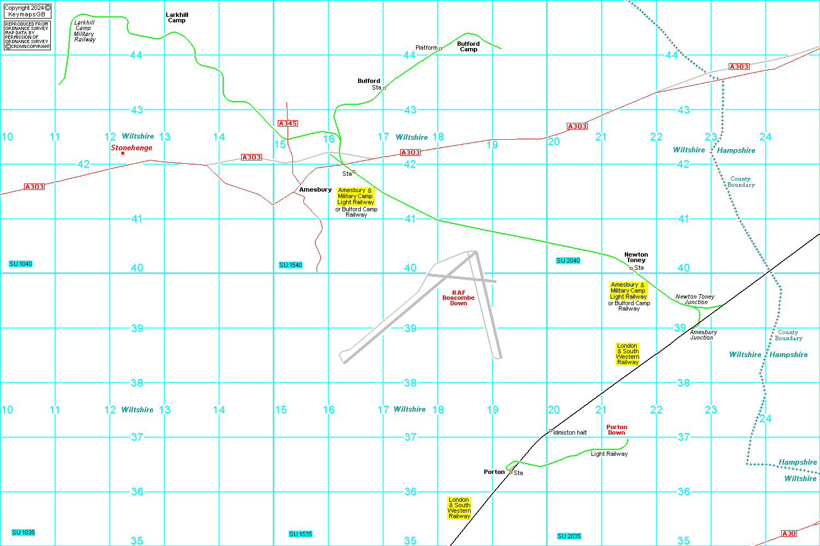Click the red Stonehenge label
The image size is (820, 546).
coord(132,147)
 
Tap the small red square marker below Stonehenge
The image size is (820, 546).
coord(122,153)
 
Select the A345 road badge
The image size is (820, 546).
coord(288,123)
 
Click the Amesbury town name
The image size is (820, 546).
coord(315,189)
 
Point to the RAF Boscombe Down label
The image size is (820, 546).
coord(459,298)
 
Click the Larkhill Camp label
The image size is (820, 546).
coord(177,17)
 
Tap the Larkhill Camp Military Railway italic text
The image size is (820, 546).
coord(85,31)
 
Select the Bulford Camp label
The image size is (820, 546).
coord(468,46)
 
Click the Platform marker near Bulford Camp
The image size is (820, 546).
coord(440,49)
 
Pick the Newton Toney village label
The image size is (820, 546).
coord(636,257)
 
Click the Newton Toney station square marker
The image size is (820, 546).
coord(631,268)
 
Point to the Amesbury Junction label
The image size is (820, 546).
coord(703,335)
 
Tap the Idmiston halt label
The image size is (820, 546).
coord(570,432)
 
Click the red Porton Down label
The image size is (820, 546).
coord(617,430)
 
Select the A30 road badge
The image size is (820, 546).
coord(789,533)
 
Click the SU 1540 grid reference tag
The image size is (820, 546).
coord(290,265)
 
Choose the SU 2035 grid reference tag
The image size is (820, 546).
coord(569,536)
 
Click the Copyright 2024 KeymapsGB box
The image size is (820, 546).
coord(27,11)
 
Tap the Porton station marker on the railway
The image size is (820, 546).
coord(511,472)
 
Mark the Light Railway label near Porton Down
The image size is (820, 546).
coord(609,454)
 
